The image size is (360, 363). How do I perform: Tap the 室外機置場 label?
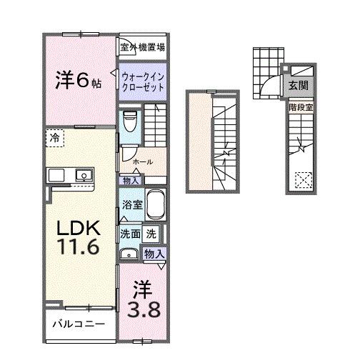click(143, 48)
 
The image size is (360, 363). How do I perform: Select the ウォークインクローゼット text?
click(143, 81)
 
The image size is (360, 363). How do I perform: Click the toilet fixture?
click(129, 121)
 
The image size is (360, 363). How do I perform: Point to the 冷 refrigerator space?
click(54, 136)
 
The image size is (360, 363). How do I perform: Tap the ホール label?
click(143, 161)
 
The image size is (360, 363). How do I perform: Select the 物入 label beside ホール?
click(131, 181)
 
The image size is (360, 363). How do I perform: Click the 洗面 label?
click(129, 233)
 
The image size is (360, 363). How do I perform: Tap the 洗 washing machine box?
click(151, 233)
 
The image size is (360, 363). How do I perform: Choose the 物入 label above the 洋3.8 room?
click(155, 253)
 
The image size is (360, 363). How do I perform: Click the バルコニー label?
click(78, 324)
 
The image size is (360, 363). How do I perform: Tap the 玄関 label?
click(298, 85)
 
